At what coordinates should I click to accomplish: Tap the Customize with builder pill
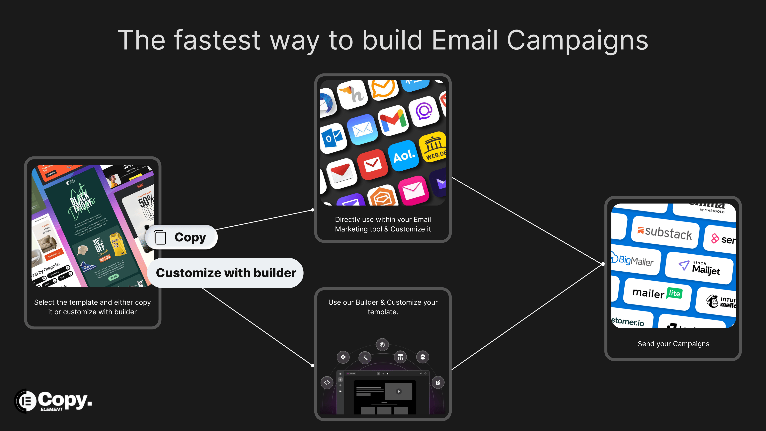tap(226, 273)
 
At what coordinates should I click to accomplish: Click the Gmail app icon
tap(393, 120)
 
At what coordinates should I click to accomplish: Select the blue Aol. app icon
tap(404, 156)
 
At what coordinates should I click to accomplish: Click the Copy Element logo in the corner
tap(53, 401)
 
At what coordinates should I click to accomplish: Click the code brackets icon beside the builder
tap(327, 383)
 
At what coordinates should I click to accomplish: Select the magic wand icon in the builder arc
tap(365, 358)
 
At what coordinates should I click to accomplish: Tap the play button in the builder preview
tap(399, 391)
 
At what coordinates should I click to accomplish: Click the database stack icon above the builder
tap(422, 357)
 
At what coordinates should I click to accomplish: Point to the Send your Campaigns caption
tap(673, 344)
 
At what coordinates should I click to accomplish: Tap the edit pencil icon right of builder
tap(438, 383)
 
